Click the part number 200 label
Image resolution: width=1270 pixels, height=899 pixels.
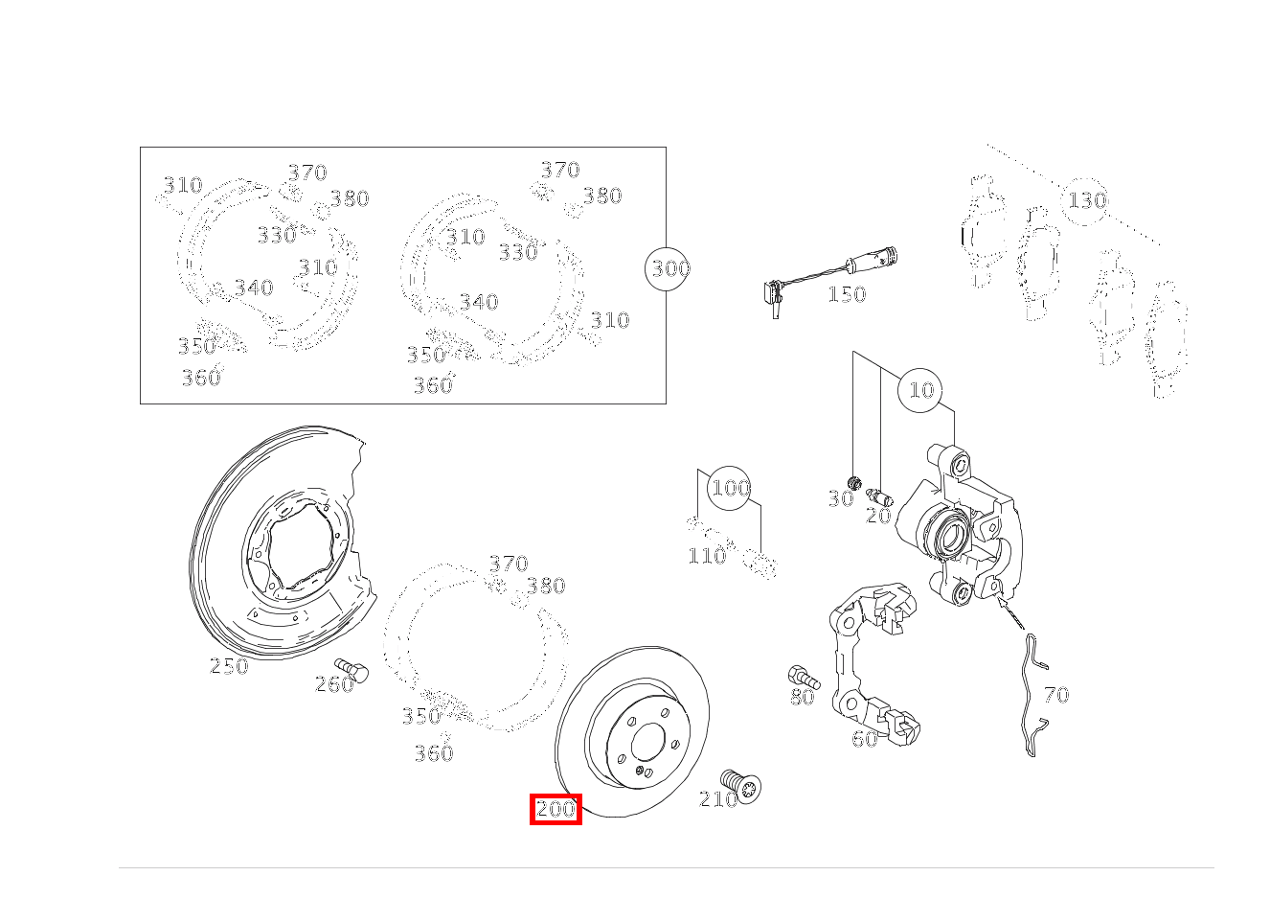pos(556,809)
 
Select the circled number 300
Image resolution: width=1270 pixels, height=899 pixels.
pos(669,268)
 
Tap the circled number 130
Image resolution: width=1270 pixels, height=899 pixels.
pos(1086,200)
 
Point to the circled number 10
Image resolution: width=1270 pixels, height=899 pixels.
pos(920,390)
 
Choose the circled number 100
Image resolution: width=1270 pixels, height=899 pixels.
pos(730,488)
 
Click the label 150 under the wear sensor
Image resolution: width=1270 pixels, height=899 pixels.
pos(847,294)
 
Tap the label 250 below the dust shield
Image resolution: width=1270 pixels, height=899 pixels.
pos(229,666)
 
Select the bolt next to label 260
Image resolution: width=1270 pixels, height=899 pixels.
pos(352,669)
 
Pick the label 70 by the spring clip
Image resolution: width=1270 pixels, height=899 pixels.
pos(1055,695)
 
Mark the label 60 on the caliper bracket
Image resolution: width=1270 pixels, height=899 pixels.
pos(864,739)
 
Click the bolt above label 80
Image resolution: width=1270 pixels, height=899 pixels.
pos(802,677)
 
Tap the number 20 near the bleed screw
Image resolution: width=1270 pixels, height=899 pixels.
pos(878,516)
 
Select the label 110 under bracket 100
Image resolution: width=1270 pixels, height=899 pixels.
pos(707,556)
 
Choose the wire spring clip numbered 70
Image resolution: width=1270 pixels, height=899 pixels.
pos(1032,695)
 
